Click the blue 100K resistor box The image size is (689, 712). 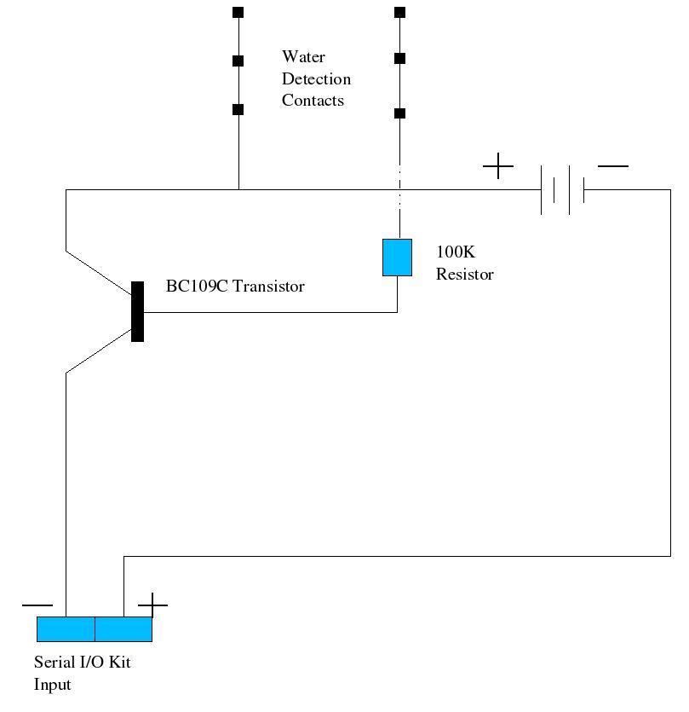click(x=397, y=258)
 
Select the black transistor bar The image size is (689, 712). click(x=137, y=311)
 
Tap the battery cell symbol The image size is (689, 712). click(x=562, y=189)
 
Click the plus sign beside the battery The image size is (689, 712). click(x=498, y=165)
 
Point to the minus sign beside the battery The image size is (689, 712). click(x=613, y=165)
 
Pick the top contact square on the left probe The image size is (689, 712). click(x=238, y=13)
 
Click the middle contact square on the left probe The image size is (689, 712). click(x=238, y=61)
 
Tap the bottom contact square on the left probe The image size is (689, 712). click(x=238, y=109)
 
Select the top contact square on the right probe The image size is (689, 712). click(x=399, y=13)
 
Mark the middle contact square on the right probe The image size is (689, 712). click(x=399, y=59)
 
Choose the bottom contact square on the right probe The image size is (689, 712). click(x=399, y=113)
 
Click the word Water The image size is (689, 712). click(x=303, y=57)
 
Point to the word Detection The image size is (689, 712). click(x=316, y=79)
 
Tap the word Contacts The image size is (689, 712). click(x=313, y=101)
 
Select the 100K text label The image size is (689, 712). click(x=455, y=252)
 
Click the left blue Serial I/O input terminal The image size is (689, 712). click(x=66, y=629)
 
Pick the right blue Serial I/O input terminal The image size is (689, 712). click(x=123, y=629)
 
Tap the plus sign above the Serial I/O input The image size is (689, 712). click(x=152, y=605)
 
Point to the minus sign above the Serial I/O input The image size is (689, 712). click(x=37, y=605)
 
